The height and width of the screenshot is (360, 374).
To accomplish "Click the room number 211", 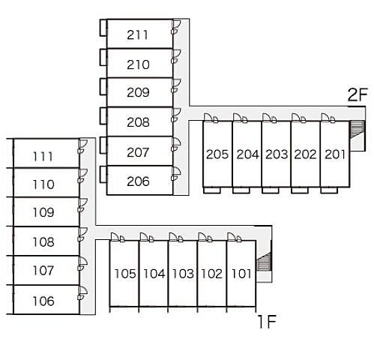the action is click(x=137, y=34).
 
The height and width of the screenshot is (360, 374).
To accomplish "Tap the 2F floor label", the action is click(x=358, y=94).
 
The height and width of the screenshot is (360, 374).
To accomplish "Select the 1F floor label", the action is click(x=267, y=322).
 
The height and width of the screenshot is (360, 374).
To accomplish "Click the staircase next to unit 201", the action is click(x=357, y=130).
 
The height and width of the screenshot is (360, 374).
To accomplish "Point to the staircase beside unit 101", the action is click(x=264, y=261).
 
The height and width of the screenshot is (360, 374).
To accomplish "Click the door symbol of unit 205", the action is click(x=211, y=118).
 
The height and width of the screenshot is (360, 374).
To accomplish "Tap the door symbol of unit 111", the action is click(x=82, y=146).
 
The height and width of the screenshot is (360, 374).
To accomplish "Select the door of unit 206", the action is click(x=176, y=173).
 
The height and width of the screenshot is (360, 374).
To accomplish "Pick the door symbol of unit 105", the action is click(x=118, y=238).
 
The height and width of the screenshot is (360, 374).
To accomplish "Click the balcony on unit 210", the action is click(x=103, y=57).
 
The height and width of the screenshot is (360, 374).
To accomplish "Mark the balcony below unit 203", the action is click(x=271, y=190).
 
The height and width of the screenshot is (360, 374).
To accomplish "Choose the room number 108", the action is click(x=43, y=242).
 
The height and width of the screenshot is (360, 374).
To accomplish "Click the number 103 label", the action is click(x=183, y=274).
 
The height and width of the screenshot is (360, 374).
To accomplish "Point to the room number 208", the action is click(x=138, y=122).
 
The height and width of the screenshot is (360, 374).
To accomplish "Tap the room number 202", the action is click(x=305, y=154).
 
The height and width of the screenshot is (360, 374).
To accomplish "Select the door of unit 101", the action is click(x=235, y=238).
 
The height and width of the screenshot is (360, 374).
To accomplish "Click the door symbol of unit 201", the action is click(x=328, y=118).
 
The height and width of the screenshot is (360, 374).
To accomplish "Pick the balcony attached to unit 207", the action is click(x=103, y=145).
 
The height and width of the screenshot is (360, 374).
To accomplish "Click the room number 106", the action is click(x=43, y=301).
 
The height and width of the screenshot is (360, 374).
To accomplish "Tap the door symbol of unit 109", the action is click(x=82, y=205).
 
